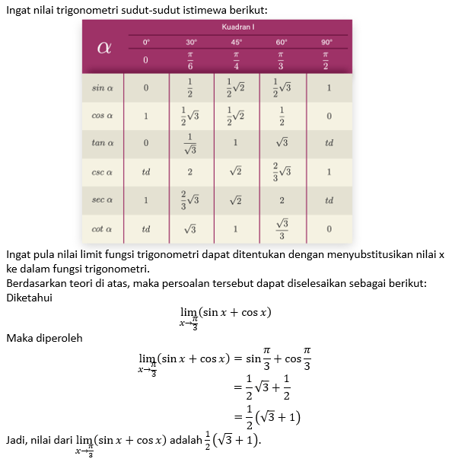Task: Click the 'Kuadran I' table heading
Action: (237, 27)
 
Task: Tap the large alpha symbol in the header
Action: (104, 47)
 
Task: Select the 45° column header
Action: (236, 42)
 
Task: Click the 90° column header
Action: (327, 42)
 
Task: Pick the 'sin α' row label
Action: (103, 88)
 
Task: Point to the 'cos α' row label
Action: (103, 116)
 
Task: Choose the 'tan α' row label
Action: (103, 143)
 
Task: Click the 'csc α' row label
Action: (103, 172)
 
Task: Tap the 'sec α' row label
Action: (103, 200)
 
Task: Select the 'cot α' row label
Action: (103, 228)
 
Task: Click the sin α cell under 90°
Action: (328, 88)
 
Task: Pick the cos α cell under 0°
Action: (146, 116)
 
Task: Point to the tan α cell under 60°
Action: (282, 143)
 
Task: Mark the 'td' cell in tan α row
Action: (328, 143)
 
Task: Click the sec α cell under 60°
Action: (282, 200)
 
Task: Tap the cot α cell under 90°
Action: (328, 228)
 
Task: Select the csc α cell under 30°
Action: (190, 172)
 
